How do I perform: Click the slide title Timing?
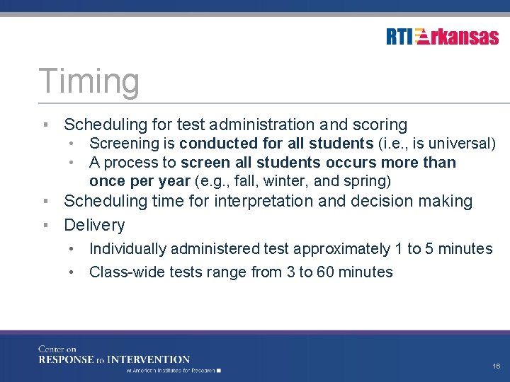(x=89, y=81)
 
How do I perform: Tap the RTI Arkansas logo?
(x=443, y=37)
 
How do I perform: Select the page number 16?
(x=496, y=366)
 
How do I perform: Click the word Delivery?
(x=94, y=226)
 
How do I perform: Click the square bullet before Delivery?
(x=45, y=226)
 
